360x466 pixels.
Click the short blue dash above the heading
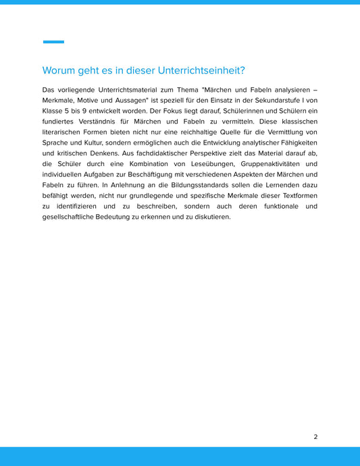point(53,42)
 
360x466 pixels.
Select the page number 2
point(315,437)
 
